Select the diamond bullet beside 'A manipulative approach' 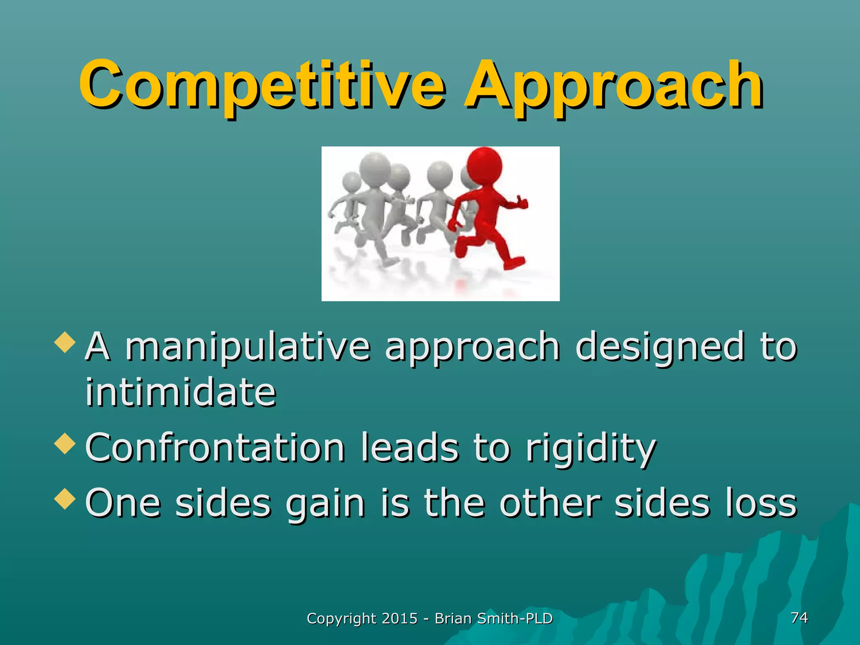(x=65, y=342)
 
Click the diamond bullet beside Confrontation (x=65, y=443)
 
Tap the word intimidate (x=181, y=393)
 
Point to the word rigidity (x=590, y=448)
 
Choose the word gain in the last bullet (x=325, y=504)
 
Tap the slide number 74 (x=799, y=617)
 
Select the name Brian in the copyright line (x=453, y=619)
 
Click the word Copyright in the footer (x=341, y=619)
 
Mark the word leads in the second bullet (x=409, y=448)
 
